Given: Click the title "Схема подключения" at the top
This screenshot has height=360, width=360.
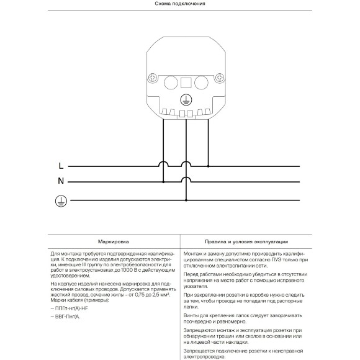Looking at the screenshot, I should coord(179,4).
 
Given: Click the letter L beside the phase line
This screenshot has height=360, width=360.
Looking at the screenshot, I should coord(60,166).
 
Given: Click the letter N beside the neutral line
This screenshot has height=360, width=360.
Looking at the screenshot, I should coord(61,182).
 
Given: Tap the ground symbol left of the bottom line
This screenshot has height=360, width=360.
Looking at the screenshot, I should coord(60,200).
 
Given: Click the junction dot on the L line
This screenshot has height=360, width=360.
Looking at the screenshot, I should coord(208,166).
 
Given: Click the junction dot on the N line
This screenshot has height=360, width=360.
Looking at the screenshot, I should coord(163,182).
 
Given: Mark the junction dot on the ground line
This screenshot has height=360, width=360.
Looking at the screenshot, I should coord(186,200).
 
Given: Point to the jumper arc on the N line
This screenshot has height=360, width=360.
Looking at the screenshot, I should coord(186,179).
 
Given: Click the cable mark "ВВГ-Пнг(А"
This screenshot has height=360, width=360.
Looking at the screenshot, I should coord(68,317).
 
